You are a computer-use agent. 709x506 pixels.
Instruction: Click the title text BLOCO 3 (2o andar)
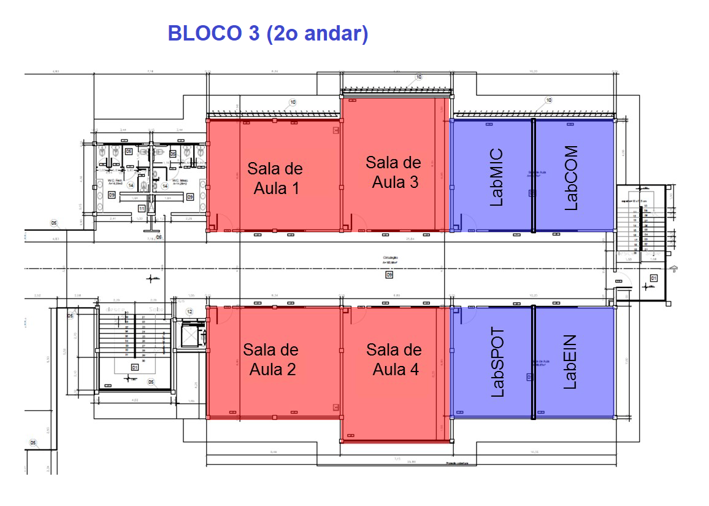[267, 33]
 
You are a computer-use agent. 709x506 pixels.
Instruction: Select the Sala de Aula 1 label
[275, 178]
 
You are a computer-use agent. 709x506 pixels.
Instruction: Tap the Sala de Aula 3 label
[394, 172]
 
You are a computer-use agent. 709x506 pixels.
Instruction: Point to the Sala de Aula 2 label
[271, 359]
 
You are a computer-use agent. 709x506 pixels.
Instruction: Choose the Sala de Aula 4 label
[394, 359]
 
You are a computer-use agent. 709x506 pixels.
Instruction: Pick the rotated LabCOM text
[570, 177]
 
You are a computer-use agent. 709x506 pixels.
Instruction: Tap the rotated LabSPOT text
[497, 362]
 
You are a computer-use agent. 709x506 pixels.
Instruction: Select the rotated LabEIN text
[570, 362]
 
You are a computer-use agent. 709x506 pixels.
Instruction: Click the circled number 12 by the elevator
[189, 312]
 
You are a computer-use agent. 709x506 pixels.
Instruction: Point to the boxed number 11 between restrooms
[142, 209]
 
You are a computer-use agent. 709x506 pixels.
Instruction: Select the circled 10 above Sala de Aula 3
[419, 77]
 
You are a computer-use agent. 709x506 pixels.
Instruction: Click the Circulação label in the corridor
[390, 258]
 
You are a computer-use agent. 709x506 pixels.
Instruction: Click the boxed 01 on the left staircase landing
[134, 367]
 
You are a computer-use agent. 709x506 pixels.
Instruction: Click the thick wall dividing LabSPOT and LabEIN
[533, 362]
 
